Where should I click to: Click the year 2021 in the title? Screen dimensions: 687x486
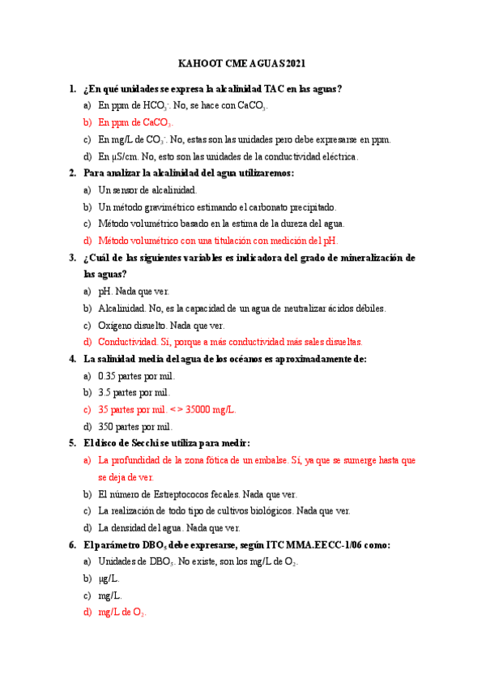(293, 64)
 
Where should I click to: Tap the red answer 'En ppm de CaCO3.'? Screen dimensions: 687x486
(134, 123)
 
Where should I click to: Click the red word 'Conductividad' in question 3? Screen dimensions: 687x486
(129, 342)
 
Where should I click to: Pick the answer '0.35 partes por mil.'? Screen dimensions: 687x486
(136, 376)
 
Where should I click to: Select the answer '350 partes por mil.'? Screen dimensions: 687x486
(134, 426)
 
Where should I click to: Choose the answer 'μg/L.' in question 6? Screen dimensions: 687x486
(109, 578)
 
